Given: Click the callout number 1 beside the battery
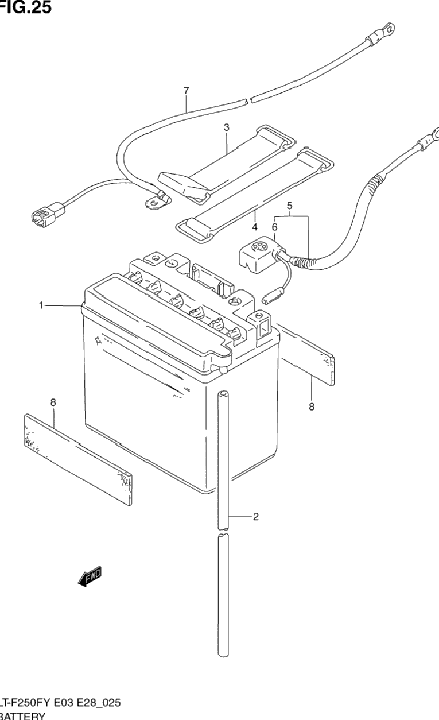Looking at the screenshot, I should pyautogui.click(x=41, y=306).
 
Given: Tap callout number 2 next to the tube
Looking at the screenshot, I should pyautogui.click(x=255, y=517).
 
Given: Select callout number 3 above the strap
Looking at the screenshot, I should pyautogui.click(x=227, y=127).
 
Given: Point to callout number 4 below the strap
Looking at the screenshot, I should pyautogui.click(x=254, y=226).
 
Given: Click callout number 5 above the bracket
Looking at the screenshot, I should pyautogui.click(x=290, y=205).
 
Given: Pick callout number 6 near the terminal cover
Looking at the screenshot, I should pyautogui.click(x=274, y=227).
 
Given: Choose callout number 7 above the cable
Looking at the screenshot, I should pyautogui.click(x=186, y=90).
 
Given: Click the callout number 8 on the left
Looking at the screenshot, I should pyautogui.click(x=53, y=403).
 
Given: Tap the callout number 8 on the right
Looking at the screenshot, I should pyautogui.click(x=312, y=407).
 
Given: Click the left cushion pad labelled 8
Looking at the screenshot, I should pyautogui.click(x=77, y=457).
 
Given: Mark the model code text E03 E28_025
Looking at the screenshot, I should pyautogui.click(x=86, y=703).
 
